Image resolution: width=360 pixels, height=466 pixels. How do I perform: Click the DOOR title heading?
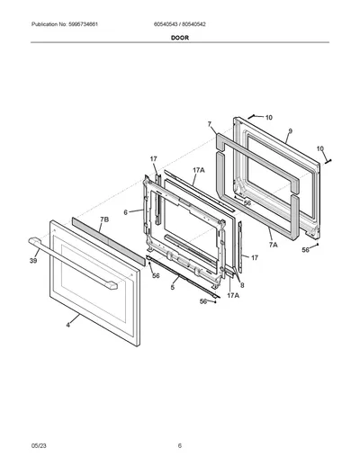[x=180, y=38]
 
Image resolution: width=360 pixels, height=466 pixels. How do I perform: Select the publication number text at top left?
[x=65, y=24]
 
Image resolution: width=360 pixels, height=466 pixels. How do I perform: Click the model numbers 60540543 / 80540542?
[x=179, y=24]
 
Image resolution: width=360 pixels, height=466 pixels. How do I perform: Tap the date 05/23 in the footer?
[x=39, y=445]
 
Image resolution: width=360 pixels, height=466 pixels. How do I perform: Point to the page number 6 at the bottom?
[x=180, y=445]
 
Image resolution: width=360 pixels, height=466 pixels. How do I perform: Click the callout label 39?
[x=33, y=261]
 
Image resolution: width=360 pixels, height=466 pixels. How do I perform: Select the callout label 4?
[x=68, y=325]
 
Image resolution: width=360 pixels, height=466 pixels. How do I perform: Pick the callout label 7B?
[x=104, y=220]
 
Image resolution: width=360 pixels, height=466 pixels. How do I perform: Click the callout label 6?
[x=126, y=212]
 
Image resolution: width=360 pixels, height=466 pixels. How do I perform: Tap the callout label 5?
[x=173, y=287]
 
